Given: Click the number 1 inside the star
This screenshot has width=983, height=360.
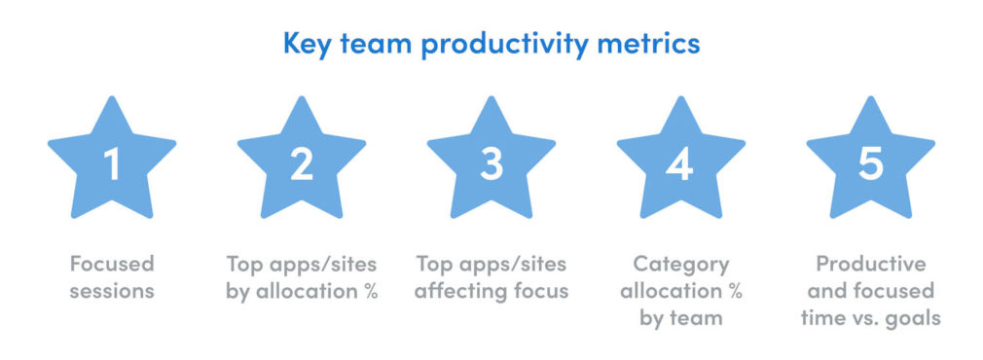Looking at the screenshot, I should click(x=112, y=164).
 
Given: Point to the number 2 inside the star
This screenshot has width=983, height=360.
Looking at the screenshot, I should click(x=302, y=164).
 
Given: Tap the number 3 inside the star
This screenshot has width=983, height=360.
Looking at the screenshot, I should click(x=491, y=164).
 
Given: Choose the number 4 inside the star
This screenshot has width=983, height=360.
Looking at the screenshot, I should click(x=680, y=164).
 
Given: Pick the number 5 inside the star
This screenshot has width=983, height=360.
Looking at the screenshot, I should click(x=870, y=164).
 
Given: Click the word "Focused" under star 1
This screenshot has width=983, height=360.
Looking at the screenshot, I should click(x=112, y=264).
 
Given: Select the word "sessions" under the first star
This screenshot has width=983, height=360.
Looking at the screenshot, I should click(x=112, y=291).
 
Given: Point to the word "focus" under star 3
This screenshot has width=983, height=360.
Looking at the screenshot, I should click(x=537, y=291).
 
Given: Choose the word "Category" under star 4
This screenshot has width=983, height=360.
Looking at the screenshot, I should click(x=680, y=264).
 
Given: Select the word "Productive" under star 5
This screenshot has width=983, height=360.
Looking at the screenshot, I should click(x=870, y=264).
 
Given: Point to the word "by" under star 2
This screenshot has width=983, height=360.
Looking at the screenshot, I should click(x=238, y=291).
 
